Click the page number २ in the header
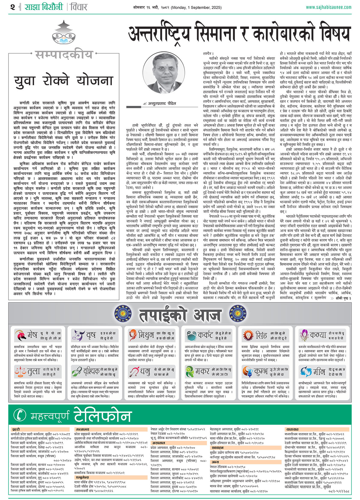tap(12, 7)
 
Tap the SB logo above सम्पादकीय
tap(63, 36)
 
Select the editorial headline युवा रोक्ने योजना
tap(64, 81)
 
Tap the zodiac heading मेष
tap(32, 335)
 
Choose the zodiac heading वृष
tap(91, 335)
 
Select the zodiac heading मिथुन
tap(146, 335)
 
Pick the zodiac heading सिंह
tap(261, 335)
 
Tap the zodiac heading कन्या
tap(318, 335)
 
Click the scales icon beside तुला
tap(20, 372)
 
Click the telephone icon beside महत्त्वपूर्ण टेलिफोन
tap(20, 415)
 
